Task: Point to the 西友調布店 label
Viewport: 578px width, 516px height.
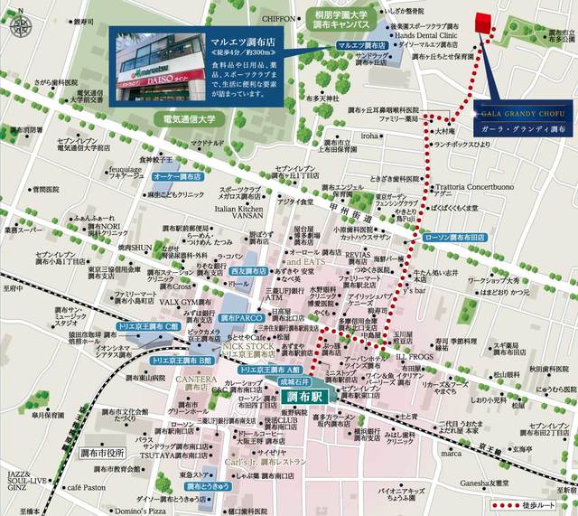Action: click(247, 270)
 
